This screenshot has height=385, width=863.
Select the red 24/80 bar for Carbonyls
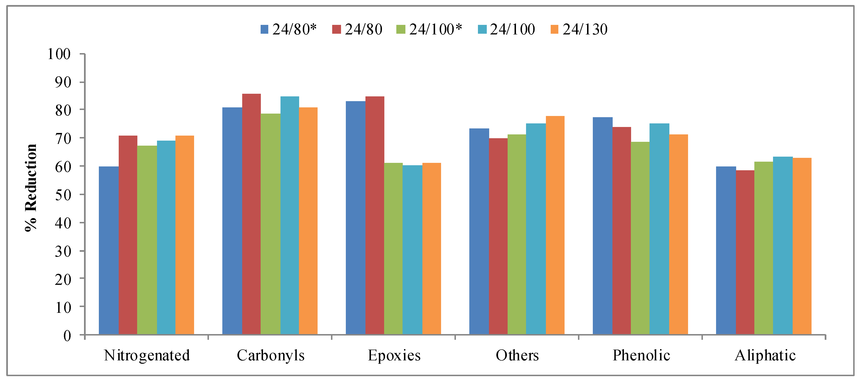[251, 214]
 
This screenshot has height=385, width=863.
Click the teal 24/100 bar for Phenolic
[659, 229]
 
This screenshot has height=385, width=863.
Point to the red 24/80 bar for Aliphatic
[745, 253]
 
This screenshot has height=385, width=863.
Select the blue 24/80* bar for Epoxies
[355, 218]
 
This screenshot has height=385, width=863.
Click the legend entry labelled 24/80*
[288, 29]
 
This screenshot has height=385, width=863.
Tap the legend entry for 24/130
[579, 29]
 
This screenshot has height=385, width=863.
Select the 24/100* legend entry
[429, 29]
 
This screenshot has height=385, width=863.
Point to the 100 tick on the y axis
[59, 54]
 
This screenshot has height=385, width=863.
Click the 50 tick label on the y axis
[63, 195]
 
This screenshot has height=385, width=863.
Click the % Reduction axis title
[31, 187]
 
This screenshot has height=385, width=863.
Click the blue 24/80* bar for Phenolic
[602, 226]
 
